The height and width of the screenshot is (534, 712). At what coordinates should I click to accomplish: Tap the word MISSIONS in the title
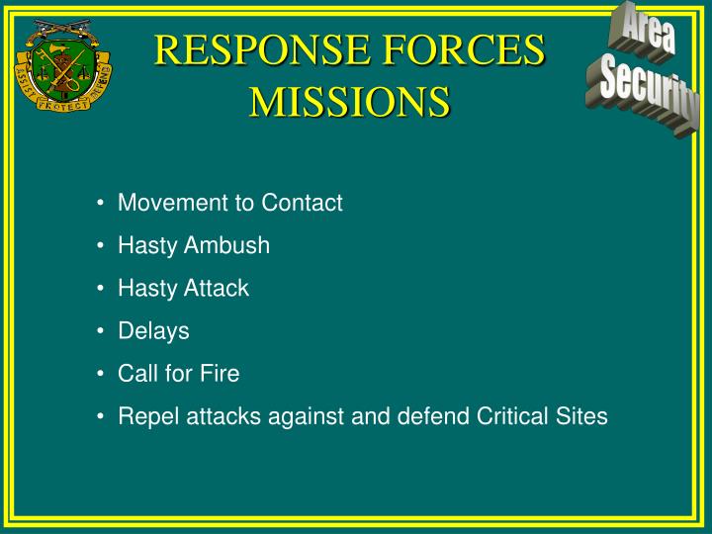349,101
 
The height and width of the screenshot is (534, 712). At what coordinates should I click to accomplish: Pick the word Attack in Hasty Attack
216,289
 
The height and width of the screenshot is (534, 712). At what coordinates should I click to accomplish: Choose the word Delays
153,331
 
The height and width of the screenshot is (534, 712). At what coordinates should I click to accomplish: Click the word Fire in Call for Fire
221,374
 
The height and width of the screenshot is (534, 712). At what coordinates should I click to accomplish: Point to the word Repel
144,416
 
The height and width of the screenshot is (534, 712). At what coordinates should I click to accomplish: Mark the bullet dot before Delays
102,331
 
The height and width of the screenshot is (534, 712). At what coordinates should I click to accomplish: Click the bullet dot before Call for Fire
102,374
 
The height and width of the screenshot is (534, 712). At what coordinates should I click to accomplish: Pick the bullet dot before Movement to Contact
102,203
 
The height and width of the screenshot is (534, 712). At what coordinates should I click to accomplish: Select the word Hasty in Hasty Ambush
145,246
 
